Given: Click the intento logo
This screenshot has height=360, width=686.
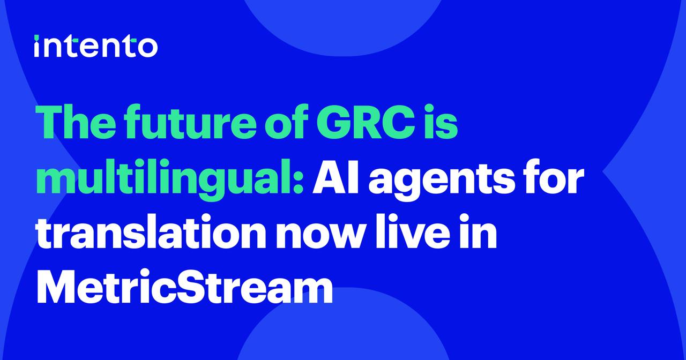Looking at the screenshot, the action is tap(96, 46).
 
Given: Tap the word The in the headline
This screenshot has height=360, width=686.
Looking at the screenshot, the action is tap(76, 122).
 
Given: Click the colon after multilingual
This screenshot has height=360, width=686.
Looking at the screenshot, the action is tap(299, 184).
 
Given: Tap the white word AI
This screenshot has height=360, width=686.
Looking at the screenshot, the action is tap(335, 177).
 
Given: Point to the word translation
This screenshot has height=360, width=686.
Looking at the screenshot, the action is tap(151, 231).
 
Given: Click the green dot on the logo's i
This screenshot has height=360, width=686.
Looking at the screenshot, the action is tap(36, 37).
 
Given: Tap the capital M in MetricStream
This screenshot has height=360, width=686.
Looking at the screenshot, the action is tap(57, 286).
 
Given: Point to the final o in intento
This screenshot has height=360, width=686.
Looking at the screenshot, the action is tap(147, 48).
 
